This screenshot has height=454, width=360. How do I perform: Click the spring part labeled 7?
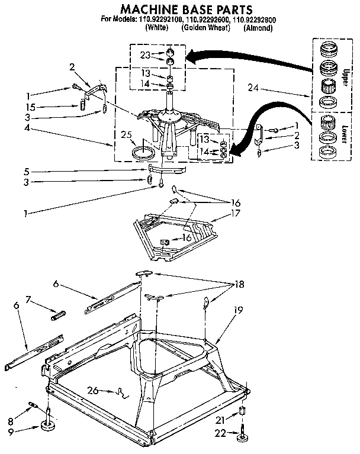[58, 315]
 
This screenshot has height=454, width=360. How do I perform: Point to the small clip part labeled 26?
[123, 391]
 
